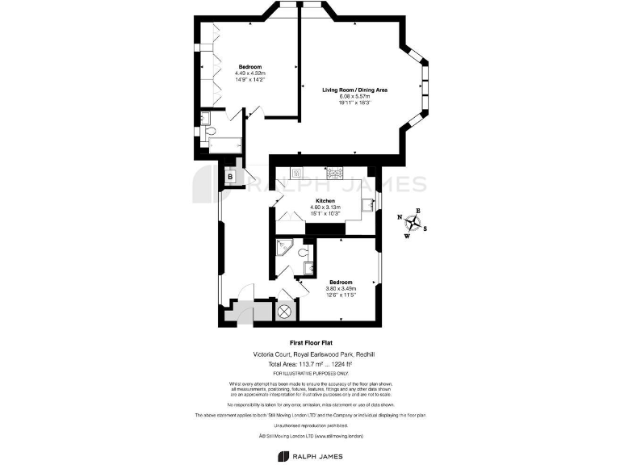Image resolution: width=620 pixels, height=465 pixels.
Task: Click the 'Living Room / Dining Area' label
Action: point(355,90)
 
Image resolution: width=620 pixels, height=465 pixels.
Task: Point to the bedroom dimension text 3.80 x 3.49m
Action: point(339,288)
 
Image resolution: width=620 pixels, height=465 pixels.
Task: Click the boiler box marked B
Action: point(231,176)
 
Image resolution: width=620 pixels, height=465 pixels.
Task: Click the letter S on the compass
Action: point(426,228)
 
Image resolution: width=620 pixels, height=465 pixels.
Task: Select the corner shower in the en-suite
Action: point(284,247)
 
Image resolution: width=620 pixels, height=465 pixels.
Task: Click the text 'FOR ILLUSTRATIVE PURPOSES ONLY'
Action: point(310,374)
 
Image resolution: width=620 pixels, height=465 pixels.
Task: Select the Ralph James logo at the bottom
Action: point(310,456)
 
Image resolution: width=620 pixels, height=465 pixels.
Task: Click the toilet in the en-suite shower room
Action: point(302,253)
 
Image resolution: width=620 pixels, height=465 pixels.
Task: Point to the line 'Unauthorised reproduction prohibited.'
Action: point(310,425)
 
